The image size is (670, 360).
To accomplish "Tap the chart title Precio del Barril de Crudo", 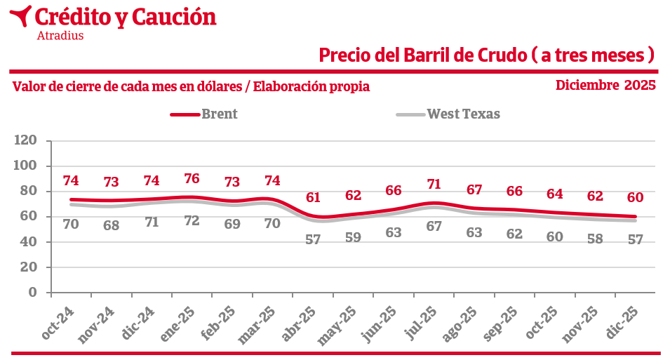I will (x=486, y=55).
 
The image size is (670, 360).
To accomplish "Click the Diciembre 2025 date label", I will (x=605, y=86).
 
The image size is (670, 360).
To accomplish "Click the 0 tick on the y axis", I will (x=32, y=293).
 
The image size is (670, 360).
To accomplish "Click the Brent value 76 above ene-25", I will (x=192, y=178).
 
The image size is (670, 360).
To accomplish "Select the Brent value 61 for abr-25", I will (x=313, y=197).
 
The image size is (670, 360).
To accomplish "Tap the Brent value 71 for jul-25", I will (x=434, y=185).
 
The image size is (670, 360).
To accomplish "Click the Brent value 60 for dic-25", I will (x=636, y=197).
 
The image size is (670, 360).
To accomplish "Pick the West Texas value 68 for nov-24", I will (x=111, y=226).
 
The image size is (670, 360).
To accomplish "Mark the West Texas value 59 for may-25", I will (x=353, y=237).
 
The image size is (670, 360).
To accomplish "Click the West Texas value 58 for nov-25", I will (x=595, y=239).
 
